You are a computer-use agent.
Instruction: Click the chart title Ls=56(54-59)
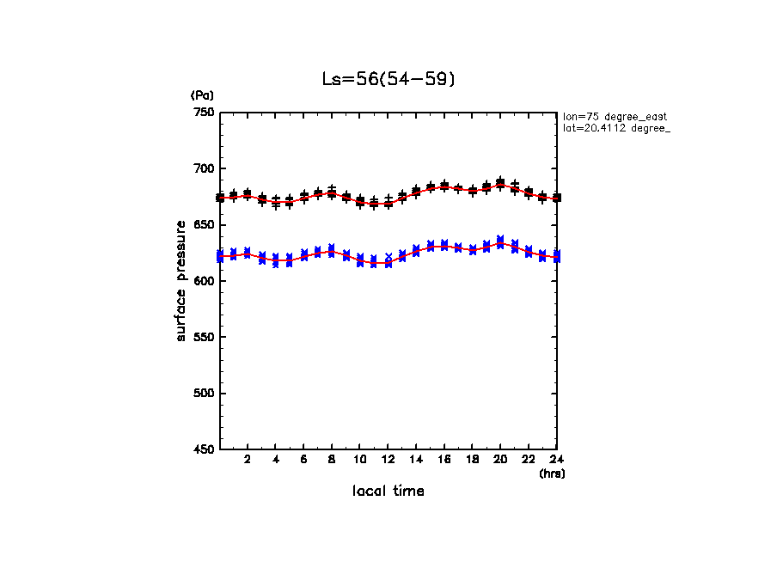388,79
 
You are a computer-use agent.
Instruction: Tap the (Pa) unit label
201,95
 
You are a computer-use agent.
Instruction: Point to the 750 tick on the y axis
203,113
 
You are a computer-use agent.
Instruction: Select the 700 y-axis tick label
203,168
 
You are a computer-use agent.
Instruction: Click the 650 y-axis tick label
203,225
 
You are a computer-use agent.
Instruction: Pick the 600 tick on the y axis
203,281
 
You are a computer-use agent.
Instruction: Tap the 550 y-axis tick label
203,337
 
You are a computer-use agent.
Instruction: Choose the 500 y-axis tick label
203,394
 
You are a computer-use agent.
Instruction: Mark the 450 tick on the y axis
203,449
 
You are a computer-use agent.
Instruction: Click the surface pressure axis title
181,280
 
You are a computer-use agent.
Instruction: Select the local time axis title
388,492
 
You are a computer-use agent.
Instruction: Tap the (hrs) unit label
552,473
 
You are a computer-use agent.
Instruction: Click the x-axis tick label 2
248,460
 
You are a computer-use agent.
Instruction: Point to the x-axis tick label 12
388,460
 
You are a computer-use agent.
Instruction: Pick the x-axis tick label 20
500,460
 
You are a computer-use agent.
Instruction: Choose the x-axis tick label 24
556,460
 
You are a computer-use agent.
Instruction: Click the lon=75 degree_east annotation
615,116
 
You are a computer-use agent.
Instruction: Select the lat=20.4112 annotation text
615,128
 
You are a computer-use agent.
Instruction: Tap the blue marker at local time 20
500,241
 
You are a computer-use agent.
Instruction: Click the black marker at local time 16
444,186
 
